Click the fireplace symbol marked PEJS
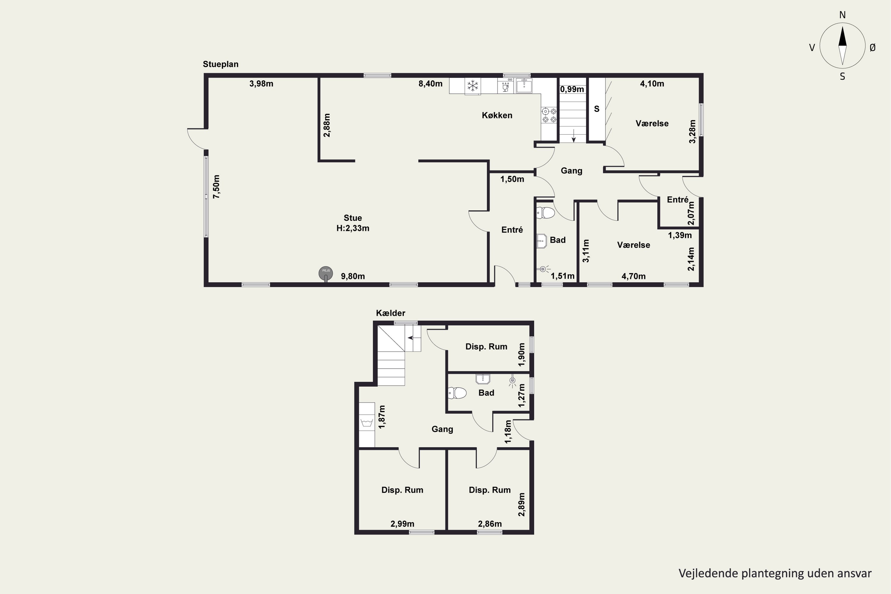point(326,274)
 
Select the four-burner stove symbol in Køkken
point(549,115)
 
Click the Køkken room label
point(497,115)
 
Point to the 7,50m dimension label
point(216,187)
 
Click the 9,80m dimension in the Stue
point(353,276)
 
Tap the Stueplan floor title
point(220,64)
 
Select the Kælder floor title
point(391,313)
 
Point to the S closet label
point(597,109)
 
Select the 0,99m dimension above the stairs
point(572,89)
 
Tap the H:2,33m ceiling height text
point(353,228)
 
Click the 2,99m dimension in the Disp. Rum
point(402,524)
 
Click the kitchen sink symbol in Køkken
point(524,86)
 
